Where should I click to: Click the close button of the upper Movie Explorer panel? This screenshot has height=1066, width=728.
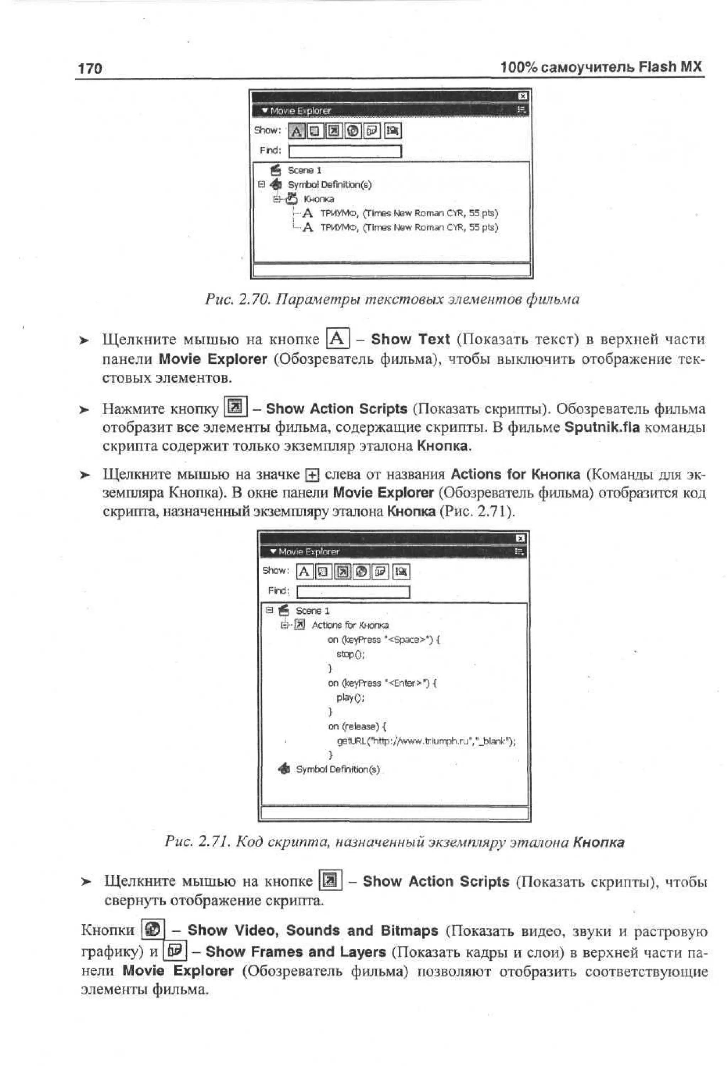(522, 96)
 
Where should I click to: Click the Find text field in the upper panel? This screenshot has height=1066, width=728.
(345, 151)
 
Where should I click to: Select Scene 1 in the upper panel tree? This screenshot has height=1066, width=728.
(304, 170)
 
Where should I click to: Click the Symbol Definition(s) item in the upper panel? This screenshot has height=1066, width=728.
(329, 184)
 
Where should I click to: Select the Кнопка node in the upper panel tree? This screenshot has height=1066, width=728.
(318, 199)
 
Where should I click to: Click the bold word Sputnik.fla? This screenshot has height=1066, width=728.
(601, 427)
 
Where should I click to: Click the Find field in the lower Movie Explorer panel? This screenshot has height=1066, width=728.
(353, 592)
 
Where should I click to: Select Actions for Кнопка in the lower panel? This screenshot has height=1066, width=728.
(349, 625)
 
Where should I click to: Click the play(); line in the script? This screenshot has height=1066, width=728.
(350, 697)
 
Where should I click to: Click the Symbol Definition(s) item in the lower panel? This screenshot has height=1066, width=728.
(337, 769)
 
